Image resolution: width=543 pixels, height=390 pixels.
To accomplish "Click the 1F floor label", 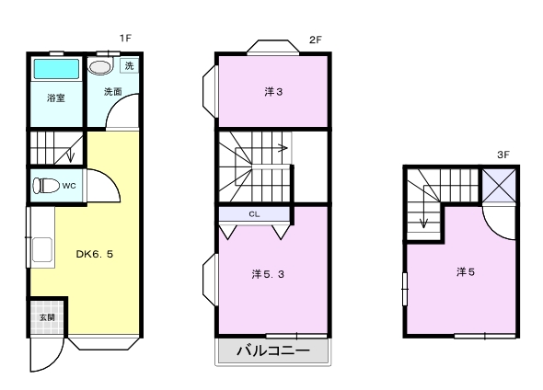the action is pos(125,38).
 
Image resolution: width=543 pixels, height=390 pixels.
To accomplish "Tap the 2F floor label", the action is pos(316,40).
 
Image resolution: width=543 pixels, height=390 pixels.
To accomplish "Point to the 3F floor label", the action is pos(503,155).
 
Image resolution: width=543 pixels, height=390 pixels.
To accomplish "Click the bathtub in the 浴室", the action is pos(56,69).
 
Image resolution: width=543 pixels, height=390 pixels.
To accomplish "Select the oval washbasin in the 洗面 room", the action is pos(99,66).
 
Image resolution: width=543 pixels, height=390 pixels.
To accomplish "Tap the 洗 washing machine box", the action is pos(129,65).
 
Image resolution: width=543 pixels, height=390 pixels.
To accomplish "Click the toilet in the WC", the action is pos(46,186).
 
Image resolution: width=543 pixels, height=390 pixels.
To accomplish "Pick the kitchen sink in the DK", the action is pos(42,250).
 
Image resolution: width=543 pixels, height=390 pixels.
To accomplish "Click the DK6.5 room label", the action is pos(95,254).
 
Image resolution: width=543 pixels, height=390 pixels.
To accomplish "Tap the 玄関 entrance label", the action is pos(47,317).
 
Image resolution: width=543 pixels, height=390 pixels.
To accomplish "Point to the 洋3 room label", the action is pos(273,92).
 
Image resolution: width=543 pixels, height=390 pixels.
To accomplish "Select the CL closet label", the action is pos(254,214).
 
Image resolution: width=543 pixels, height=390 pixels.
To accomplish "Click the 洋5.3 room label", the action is pos(268,274).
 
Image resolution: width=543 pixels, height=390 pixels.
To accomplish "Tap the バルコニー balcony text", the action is pos(273,350).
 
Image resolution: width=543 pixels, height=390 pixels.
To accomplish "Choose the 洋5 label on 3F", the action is pos(466,272).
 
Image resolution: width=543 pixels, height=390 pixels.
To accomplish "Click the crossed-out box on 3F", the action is pos(499,186).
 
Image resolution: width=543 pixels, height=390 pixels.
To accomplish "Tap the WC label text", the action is pos(69,186).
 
